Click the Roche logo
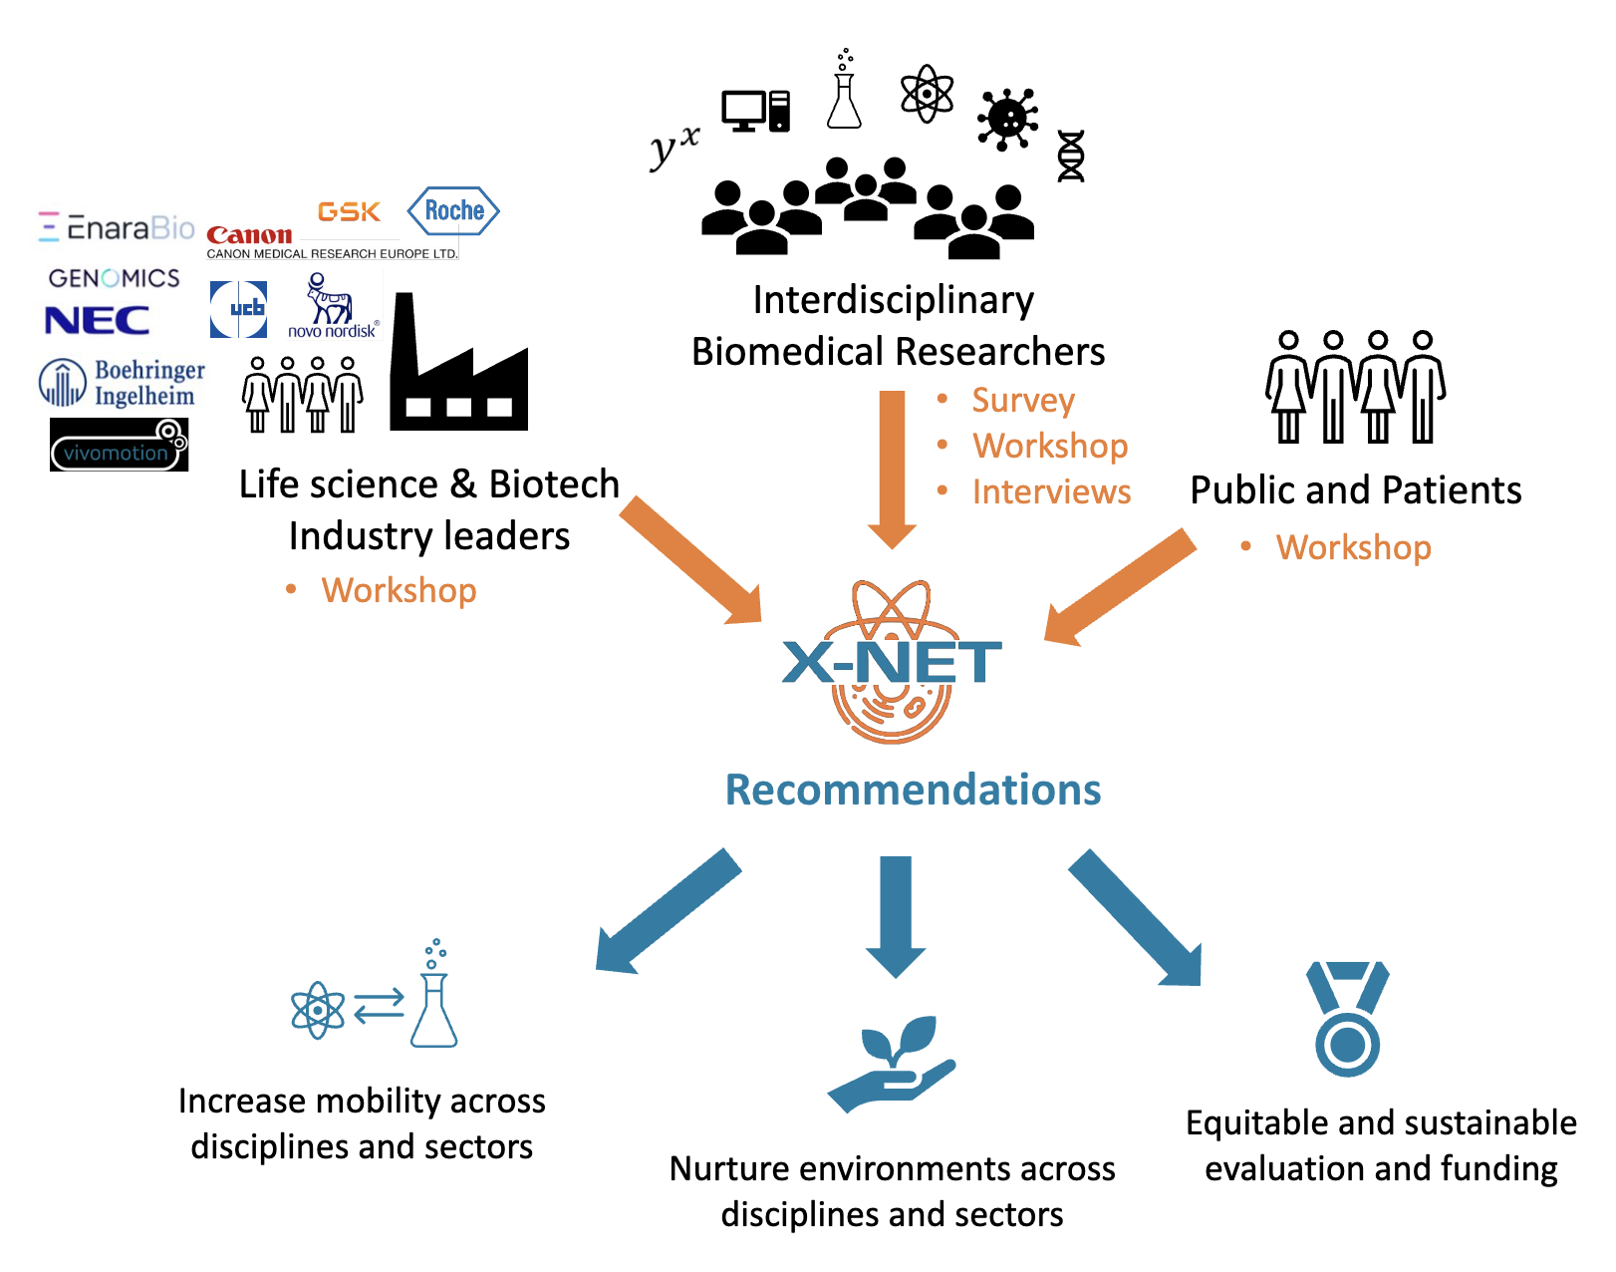point(453,210)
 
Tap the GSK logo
point(349,211)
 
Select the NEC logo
point(98,320)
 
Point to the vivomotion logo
point(119,445)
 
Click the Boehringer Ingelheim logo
point(122,384)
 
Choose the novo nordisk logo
point(332,307)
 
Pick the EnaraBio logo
point(117,228)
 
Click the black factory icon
point(457,369)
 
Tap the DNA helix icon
point(1070,157)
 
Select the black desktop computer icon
point(755,111)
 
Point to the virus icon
point(1007,119)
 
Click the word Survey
point(1023,400)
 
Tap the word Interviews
point(1051,491)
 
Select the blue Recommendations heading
point(913,790)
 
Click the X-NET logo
point(892,662)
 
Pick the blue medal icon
point(1347,1018)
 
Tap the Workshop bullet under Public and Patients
point(1353,547)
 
